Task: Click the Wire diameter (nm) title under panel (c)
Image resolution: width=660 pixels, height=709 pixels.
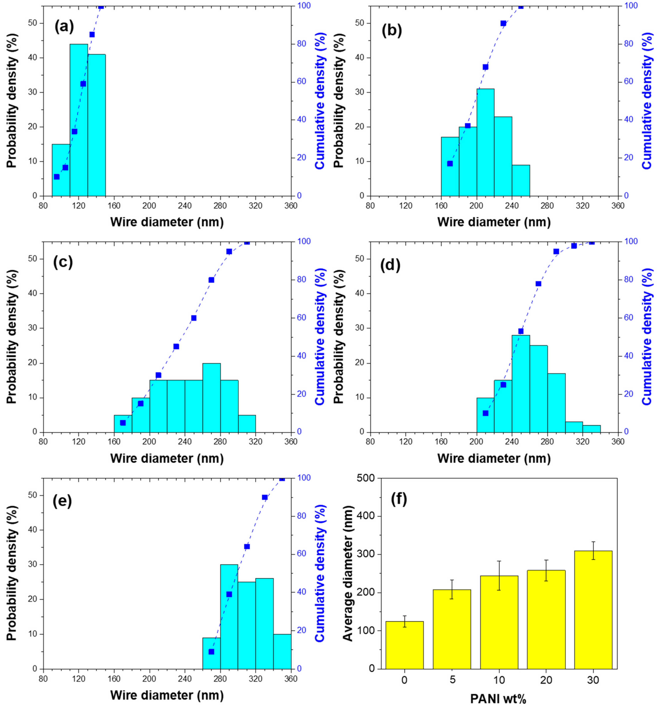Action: pyautogui.click(x=167, y=458)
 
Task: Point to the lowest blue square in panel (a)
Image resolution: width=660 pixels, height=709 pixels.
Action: pyautogui.click(x=56, y=176)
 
